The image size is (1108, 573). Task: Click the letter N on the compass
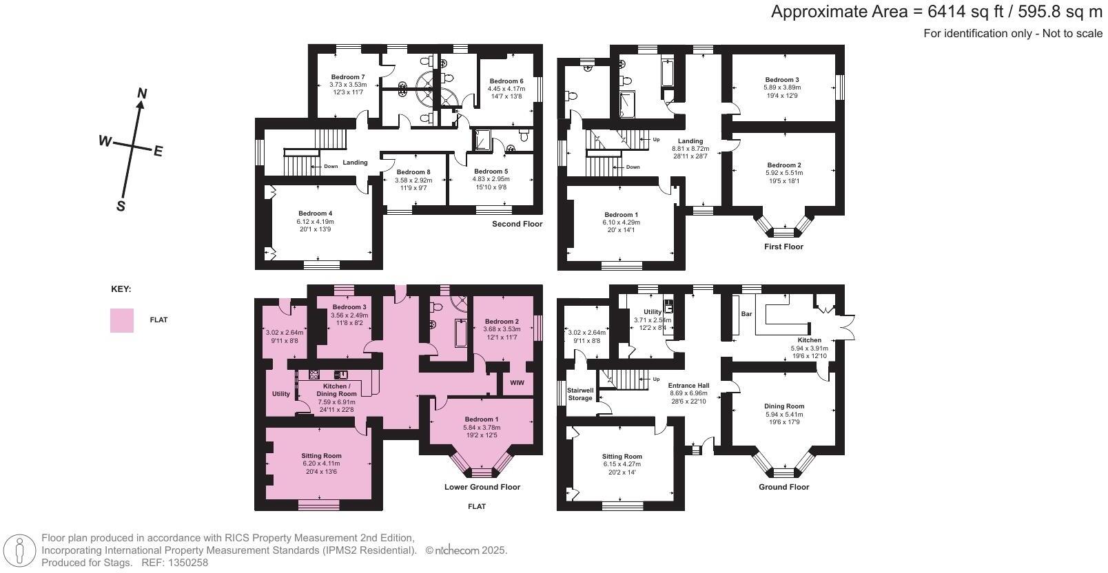click(x=142, y=94)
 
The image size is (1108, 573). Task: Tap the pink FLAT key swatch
click(x=122, y=320)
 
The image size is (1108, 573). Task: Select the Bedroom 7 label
click(x=347, y=77)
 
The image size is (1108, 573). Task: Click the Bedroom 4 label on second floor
click(x=315, y=213)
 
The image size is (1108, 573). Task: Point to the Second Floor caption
click(x=517, y=225)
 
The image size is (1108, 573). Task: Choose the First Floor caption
click(x=783, y=247)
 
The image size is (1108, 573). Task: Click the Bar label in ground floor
click(x=746, y=314)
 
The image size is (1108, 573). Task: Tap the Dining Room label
click(x=784, y=406)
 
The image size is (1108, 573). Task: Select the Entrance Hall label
click(x=689, y=386)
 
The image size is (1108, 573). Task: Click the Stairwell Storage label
click(x=579, y=394)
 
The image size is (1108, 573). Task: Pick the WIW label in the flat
click(x=517, y=383)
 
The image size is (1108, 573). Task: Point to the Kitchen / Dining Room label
click(x=336, y=390)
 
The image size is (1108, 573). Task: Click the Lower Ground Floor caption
click(x=482, y=487)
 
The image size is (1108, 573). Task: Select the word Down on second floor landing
click(x=331, y=166)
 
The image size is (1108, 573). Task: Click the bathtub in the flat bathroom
click(x=460, y=333)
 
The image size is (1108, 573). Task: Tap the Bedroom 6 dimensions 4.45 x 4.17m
click(x=506, y=89)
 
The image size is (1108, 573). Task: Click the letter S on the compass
click(x=121, y=206)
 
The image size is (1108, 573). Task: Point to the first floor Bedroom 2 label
click(x=784, y=165)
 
